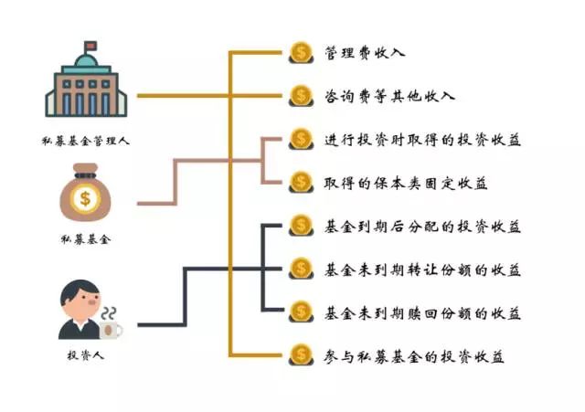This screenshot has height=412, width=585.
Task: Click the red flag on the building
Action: tap(90, 46)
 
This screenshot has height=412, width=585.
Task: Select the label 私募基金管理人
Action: tap(85, 141)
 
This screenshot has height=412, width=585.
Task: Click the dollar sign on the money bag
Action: tap(85, 198)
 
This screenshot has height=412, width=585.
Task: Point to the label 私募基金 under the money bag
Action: tap(86, 238)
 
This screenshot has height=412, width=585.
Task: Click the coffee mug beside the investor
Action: tap(111, 330)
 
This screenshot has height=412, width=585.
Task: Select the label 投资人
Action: tap(85, 355)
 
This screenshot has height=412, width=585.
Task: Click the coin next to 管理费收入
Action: tap(301, 53)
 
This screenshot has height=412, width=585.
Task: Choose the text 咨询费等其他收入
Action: tap(389, 96)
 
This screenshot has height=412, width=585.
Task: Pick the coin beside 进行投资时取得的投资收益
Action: tap(301, 139)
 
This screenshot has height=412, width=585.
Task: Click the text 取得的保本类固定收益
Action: tap(406, 183)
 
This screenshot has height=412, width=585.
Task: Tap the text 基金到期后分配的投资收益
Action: tap(422, 227)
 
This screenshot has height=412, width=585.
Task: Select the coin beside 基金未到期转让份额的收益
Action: tap(301, 269)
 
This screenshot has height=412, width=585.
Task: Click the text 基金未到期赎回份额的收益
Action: tap(422, 313)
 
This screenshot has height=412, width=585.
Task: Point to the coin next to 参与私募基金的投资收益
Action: tap(301, 355)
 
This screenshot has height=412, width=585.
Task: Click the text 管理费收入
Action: tap(365, 53)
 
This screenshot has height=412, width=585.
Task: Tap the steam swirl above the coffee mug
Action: tap(109, 313)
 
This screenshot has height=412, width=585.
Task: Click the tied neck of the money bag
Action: tap(85, 175)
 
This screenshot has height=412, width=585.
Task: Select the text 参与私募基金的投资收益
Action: tap(414, 356)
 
